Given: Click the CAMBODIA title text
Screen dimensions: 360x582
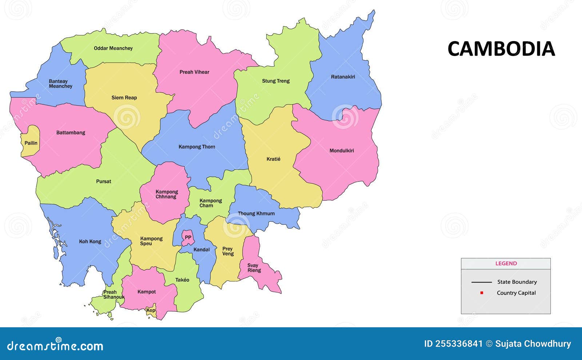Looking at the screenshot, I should pyautogui.click(x=501, y=49).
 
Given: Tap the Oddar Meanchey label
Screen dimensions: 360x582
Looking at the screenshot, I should pyautogui.click(x=113, y=48).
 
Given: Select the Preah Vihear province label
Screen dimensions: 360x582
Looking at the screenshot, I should pyautogui.click(x=194, y=72).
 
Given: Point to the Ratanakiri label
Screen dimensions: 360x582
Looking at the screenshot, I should pyautogui.click(x=343, y=77).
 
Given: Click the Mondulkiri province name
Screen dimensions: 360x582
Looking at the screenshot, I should pyautogui.click(x=342, y=151).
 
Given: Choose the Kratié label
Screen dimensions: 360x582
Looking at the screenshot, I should pyautogui.click(x=274, y=159).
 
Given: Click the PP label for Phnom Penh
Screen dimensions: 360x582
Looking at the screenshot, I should pyautogui.click(x=188, y=237).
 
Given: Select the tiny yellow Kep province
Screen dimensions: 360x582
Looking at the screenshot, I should pyautogui.click(x=151, y=310).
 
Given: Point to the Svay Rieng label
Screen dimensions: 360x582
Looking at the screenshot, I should pyautogui.click(x=254, y=268).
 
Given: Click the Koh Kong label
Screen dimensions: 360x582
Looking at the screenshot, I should pyautogui.click(x=90, y=241).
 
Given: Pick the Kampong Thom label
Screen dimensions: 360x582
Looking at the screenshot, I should pyautogui.click(x=197, y=147).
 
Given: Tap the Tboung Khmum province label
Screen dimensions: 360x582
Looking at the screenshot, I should pyautogui.click(x=256, y=213).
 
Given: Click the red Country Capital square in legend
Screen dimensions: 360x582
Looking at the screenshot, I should pyautogui.click(x=482, y=293).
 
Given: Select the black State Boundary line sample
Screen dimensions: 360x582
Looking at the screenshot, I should pyautogui.click(x=481, y=282).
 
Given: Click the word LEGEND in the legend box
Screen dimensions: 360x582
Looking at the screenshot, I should pyautogui.click(x=506, y=263).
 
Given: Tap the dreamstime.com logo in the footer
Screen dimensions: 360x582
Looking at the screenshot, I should pyautogui.click(x=55, y=345).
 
